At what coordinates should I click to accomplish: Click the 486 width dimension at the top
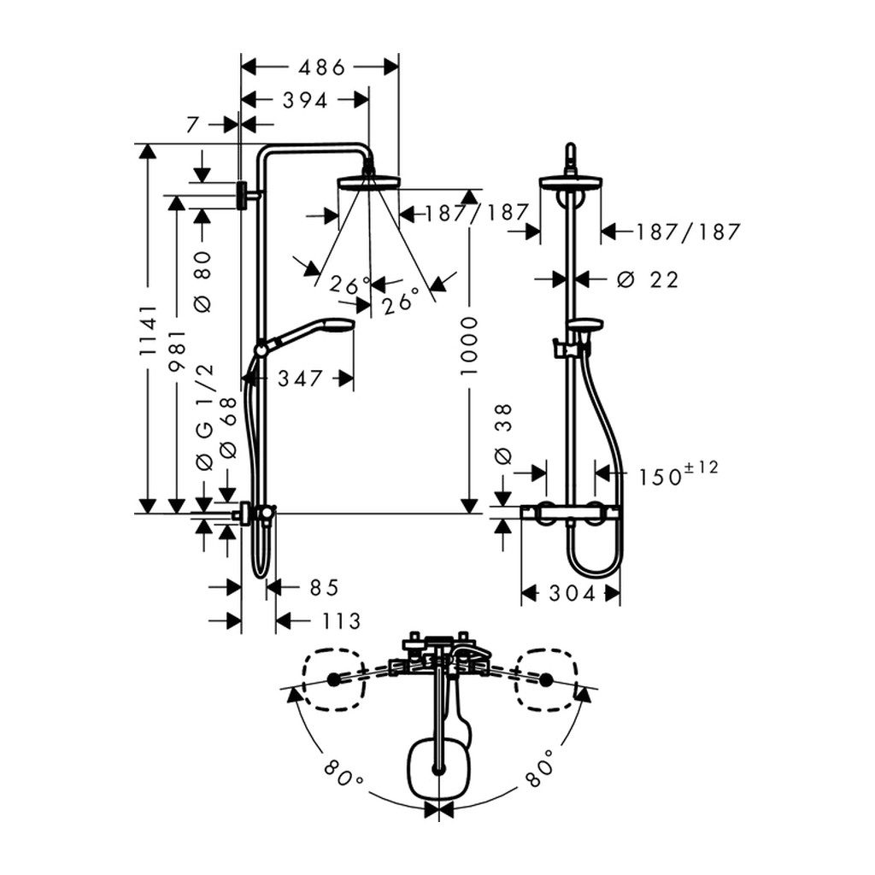coord(322,68)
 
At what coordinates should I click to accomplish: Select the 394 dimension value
coord(305,101)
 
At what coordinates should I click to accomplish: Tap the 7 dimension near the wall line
coord(192,125)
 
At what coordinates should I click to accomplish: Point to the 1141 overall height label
coord(149,331)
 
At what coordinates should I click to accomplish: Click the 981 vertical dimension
coord(178,351)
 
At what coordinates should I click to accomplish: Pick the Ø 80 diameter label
coord(203,281)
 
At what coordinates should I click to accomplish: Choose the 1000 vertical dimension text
coord(470,346)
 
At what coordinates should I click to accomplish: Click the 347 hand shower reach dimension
coord(300,379)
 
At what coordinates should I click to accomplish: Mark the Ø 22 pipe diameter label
coord(648,279)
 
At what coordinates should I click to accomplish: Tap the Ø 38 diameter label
coord(503,434)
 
